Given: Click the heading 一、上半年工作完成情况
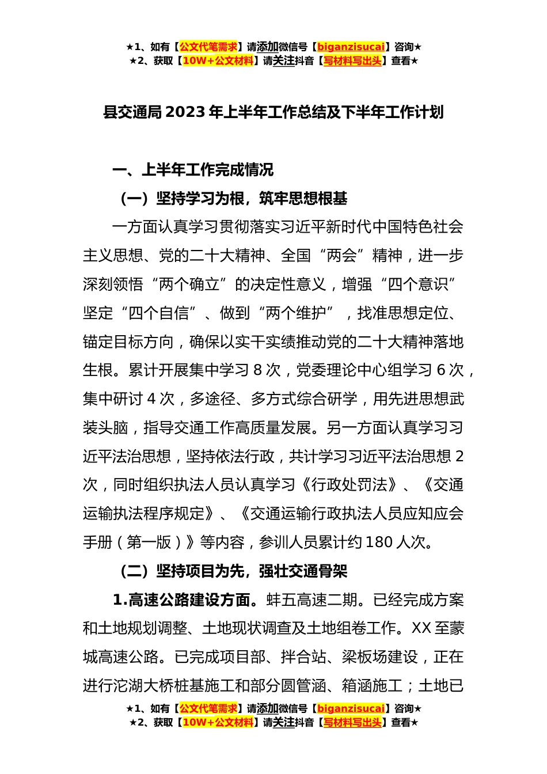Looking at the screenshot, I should tap(193, 170).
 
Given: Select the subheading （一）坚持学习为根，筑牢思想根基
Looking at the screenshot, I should tap(233, 199).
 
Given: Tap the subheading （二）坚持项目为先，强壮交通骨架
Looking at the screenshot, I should tap(233, 571).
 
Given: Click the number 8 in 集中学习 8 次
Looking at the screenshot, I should tap(257, 370).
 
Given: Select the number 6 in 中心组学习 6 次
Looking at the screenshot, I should tap(442, 370).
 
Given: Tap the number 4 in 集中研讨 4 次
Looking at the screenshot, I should tap(151, 399).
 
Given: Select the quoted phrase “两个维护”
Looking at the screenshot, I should tap(296, 313).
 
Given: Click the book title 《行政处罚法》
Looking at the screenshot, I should tap(349, 485).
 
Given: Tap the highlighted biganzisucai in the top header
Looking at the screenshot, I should tap(350, 47).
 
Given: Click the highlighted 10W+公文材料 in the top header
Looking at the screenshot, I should tap(218, 61).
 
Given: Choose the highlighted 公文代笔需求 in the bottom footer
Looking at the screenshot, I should tap(208, 709).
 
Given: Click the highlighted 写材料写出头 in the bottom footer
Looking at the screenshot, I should tap(352, 723).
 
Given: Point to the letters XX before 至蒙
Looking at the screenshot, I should tap(421, 628).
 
